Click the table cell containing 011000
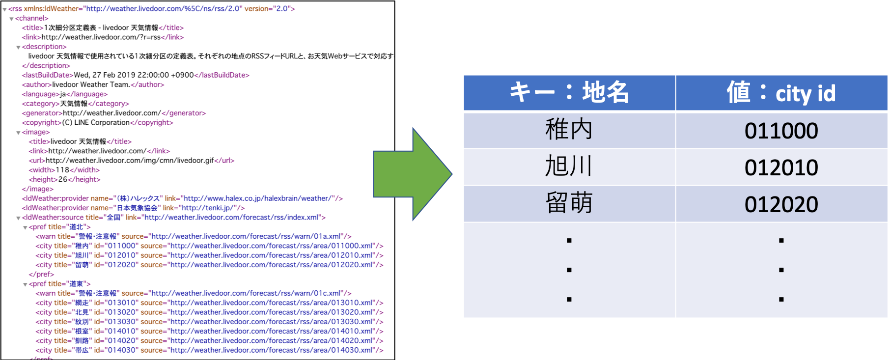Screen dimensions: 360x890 tap(781, 131)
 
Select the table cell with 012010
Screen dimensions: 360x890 tap(781, 167)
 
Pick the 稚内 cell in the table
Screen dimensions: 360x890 tap(569, 130)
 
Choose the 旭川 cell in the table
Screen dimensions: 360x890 tap(569, 167)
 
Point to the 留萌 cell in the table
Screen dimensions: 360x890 tap(569, 204)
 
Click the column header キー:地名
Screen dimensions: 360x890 tap(569, 92)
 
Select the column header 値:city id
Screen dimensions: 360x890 tap(781, 92)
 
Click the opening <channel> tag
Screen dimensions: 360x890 tap(32, 18)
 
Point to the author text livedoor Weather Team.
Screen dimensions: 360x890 tap(91, 84)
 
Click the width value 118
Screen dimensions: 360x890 tap(62, 170)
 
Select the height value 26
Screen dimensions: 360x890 tap(63, 179)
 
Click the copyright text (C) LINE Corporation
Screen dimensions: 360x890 tap(96, 122)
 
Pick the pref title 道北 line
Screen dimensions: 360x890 tap(59, 227)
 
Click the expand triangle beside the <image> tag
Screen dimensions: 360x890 tap(18, 133)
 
